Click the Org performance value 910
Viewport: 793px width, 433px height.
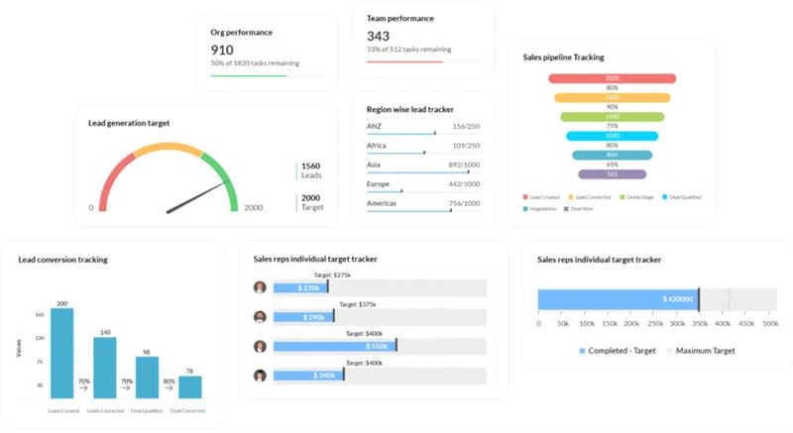(222, 49)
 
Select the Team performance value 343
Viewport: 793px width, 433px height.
(379, 36)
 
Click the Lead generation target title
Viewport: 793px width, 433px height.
(129, 123)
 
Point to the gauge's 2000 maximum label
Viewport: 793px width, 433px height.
(254, 208)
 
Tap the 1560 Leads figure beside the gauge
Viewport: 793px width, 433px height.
(310, 166)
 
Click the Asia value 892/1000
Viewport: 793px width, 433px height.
(464, 164)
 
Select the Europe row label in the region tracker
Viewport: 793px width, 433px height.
(379, 184)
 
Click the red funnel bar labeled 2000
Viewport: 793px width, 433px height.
(613, 78)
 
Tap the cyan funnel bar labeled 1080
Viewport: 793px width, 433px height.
(613, 136)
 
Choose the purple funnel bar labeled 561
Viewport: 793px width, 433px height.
(613, 174)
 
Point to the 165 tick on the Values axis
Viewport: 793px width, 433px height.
(40, 314)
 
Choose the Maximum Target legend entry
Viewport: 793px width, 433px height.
(705, 351)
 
